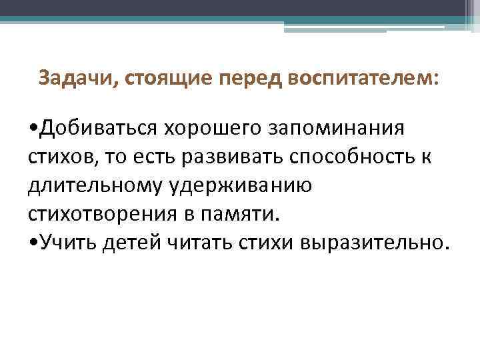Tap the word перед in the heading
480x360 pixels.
(251, 79)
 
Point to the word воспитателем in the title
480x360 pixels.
(361, 79)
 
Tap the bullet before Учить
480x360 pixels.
(33, 244)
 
